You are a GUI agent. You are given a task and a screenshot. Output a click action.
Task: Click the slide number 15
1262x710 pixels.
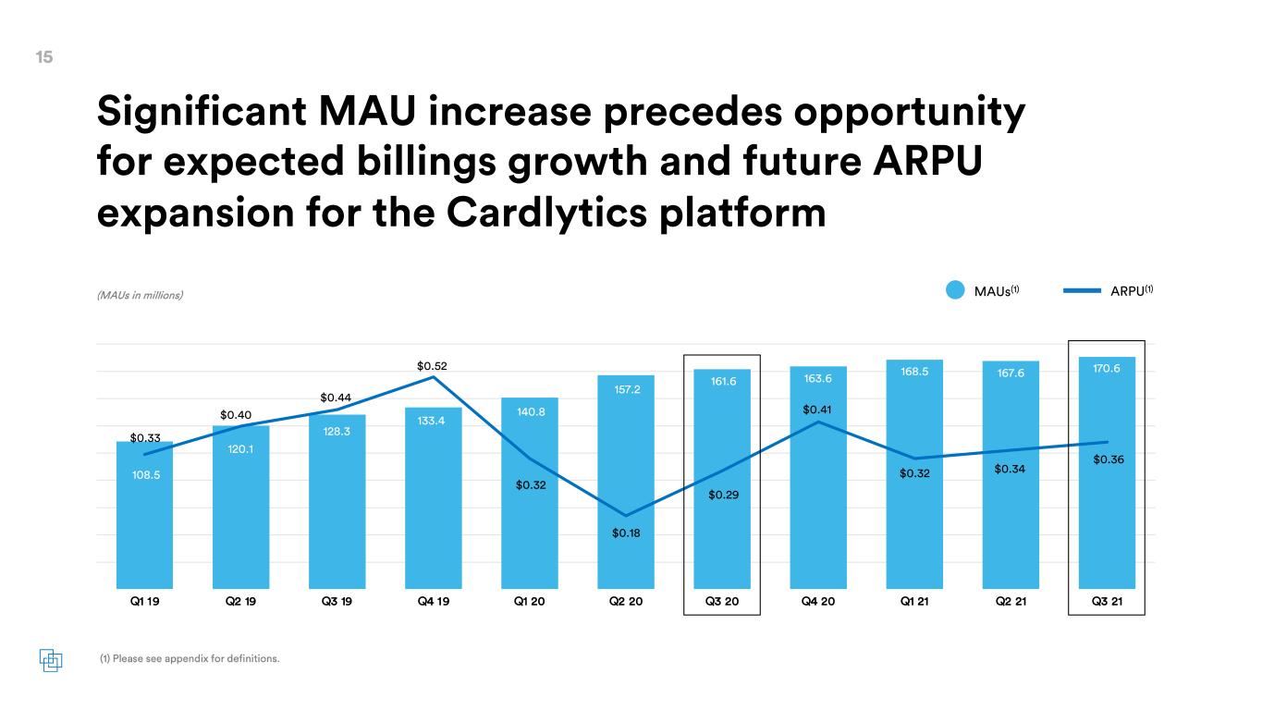44,57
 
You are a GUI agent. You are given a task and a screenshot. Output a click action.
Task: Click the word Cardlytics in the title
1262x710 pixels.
546,214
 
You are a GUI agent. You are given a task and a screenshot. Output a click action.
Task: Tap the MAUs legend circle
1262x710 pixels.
955,290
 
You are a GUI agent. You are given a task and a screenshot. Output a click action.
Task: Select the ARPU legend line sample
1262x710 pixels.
1082,291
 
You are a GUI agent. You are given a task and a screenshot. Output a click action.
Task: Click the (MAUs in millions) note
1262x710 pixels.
140,295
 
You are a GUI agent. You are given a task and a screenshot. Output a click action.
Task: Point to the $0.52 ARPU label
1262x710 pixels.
432,366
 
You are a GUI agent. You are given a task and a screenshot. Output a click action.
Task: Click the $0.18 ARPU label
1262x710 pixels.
626,533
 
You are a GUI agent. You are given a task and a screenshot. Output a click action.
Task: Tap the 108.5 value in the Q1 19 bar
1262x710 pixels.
146,475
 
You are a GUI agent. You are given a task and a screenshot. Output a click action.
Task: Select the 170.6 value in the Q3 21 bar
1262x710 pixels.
1107,369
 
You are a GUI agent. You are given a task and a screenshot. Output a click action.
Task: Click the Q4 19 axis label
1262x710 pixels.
434,601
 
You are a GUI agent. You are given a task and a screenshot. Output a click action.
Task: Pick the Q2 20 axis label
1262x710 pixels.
626,601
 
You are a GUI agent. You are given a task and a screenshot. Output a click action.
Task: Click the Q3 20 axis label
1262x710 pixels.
722,601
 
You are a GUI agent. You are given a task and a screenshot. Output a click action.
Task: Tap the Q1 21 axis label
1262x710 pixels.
913,601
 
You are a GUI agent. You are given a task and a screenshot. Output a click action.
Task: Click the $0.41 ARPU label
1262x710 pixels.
817,410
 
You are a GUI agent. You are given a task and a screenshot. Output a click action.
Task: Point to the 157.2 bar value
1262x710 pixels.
627,389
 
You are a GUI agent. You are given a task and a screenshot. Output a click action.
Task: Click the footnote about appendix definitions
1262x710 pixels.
190,659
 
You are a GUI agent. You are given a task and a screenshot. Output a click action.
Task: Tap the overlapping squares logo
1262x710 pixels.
51,660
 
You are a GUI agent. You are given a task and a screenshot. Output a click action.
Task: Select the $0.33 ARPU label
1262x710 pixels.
145,438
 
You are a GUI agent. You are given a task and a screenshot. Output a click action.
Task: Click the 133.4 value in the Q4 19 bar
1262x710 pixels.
431,421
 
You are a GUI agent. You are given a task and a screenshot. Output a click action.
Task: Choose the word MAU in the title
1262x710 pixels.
367,111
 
